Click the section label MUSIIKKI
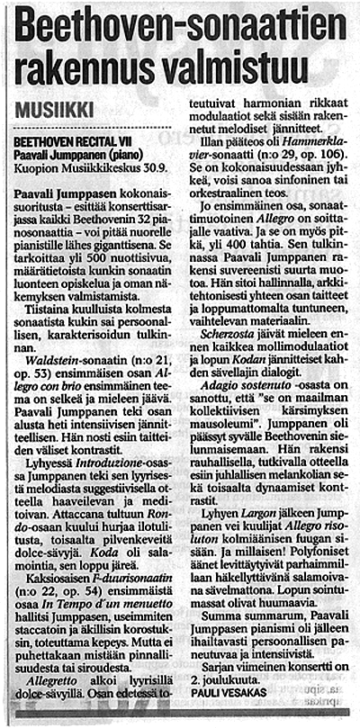pos(54,110)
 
